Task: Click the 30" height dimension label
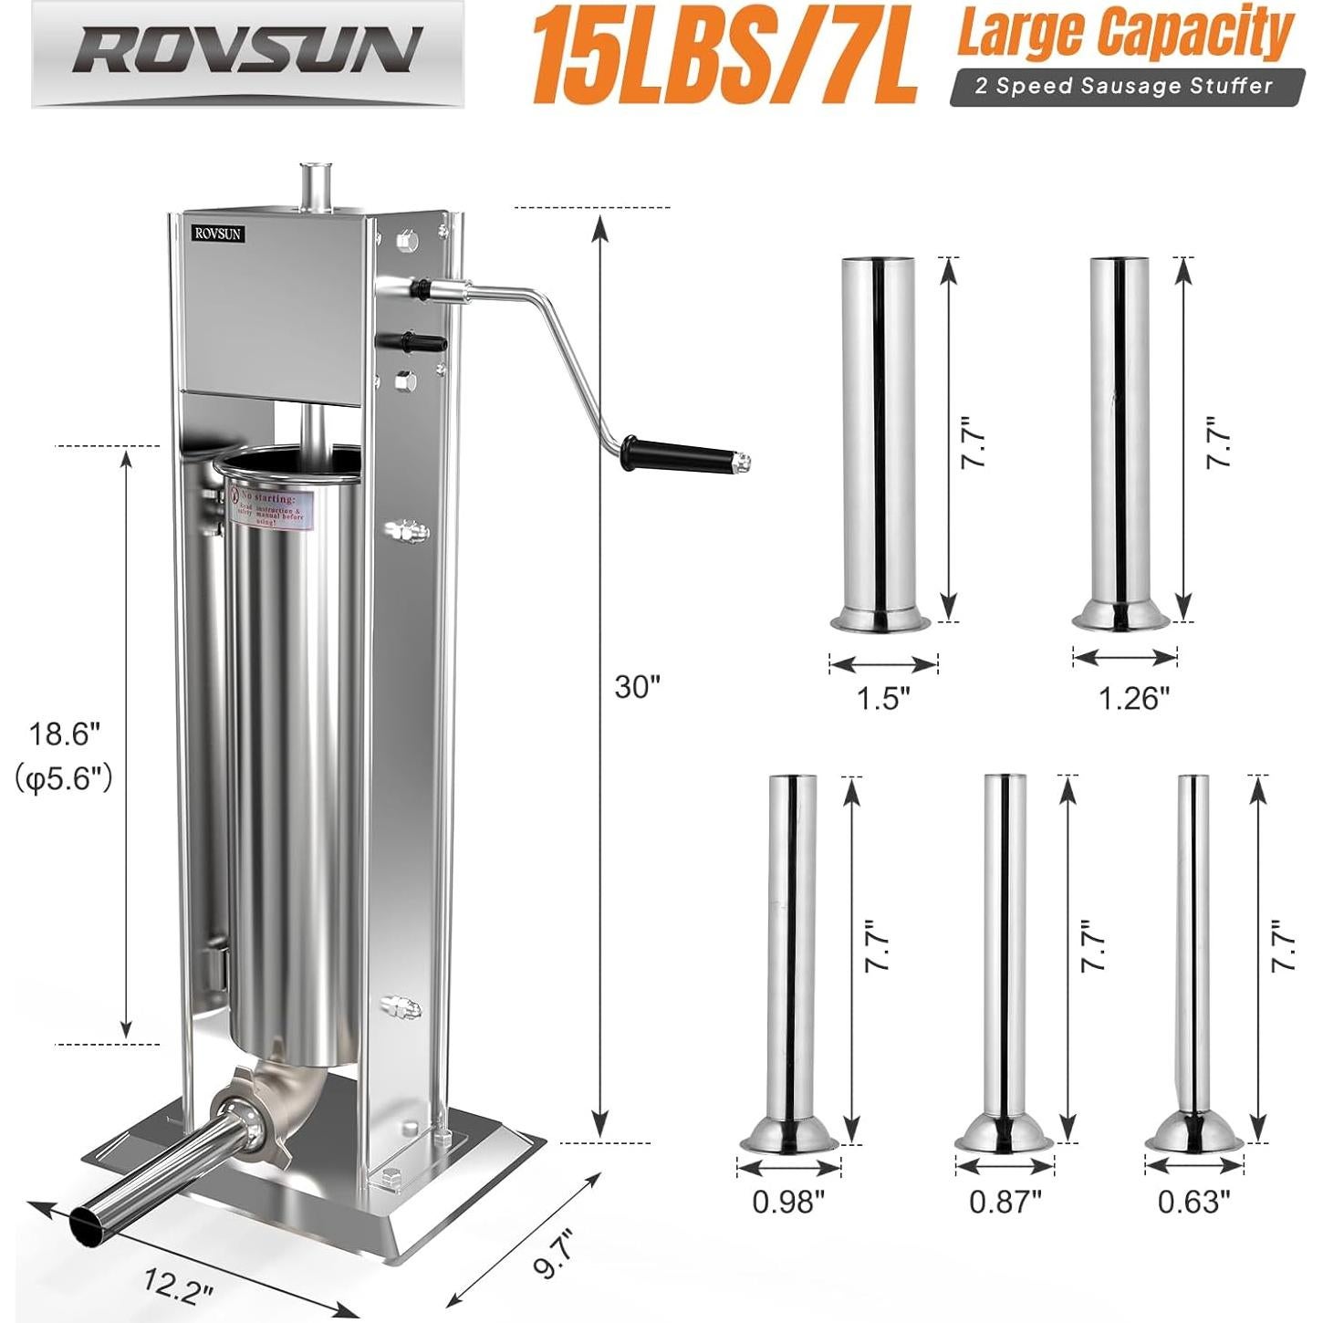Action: click(x=637, y=686)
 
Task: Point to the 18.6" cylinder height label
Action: click(x=64, y=732)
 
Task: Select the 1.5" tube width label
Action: click(x=883, y=698)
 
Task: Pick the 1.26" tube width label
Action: click(x=1132, y=698)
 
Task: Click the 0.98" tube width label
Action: click(x=788, y=1202)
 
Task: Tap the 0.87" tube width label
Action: click(x=1005, y=1202)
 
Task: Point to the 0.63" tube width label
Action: click(x=1194, y=1202)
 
